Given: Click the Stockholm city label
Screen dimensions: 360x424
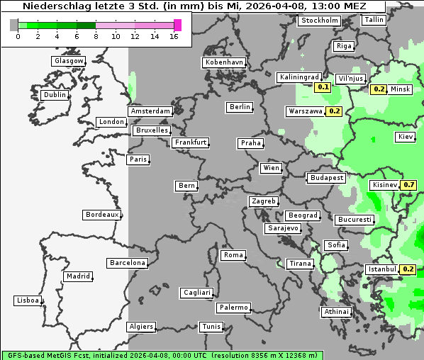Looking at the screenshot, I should tap(319, 21).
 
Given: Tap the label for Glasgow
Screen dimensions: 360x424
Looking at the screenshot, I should tap(69, 61).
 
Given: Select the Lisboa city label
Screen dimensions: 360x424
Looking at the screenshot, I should tap(28, 300).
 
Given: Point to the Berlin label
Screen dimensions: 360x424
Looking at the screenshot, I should tap(240, 107).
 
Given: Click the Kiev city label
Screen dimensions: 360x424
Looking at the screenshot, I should tap(406, 137).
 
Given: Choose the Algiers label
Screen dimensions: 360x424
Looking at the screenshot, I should tap(140, 327).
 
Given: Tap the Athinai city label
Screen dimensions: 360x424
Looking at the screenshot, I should tap(336, 312).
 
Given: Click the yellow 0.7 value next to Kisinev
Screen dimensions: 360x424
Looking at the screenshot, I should tap(408, 185).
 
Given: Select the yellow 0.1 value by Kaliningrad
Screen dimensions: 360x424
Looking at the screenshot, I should tap(323, 87).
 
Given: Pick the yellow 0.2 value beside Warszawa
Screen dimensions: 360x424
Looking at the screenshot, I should tap(335, 111).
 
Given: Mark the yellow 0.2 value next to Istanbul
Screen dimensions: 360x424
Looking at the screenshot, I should tap(408, 269).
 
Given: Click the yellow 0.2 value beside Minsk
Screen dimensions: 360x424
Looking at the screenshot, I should tap(379, 89).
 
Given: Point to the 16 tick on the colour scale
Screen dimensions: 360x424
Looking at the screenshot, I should tap(174, 37).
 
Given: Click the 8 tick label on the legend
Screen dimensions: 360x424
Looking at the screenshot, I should tap(96, 37).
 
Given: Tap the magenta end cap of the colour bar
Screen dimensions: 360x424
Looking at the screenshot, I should tap(177, 26).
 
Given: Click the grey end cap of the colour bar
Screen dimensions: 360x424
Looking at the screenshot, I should tap(14, 26).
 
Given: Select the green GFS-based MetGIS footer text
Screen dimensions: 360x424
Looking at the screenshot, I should tap(163, 355).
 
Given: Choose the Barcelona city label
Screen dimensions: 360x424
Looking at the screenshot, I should tap(128, 263).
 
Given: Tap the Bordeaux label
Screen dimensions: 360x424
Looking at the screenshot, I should tap(102, 215).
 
